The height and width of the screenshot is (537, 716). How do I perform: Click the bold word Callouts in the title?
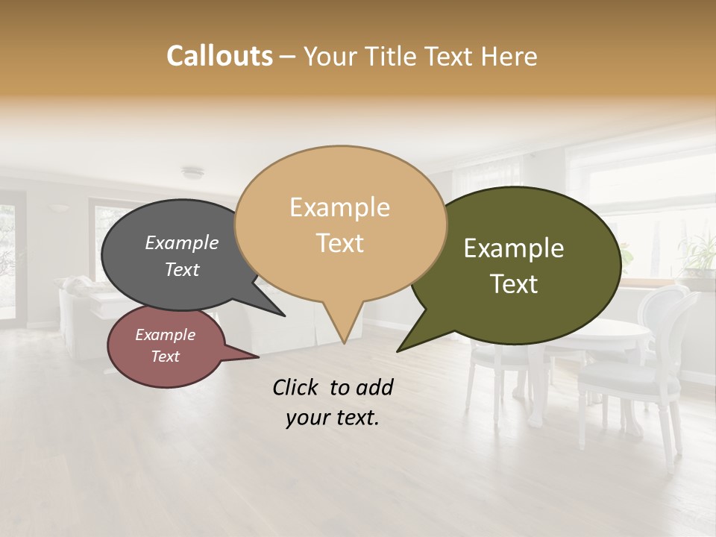[219, 56]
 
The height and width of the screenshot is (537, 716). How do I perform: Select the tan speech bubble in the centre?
[340, 224]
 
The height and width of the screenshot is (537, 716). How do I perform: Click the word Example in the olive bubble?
[514, 248]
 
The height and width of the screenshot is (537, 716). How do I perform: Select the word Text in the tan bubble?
[340, 243]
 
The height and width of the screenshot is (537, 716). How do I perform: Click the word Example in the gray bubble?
[182, 242]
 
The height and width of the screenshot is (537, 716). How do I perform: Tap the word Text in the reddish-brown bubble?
[166, 357]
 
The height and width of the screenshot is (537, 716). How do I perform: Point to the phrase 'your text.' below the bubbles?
[332, 418]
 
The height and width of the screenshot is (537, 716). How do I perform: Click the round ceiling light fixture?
[192, 173]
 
